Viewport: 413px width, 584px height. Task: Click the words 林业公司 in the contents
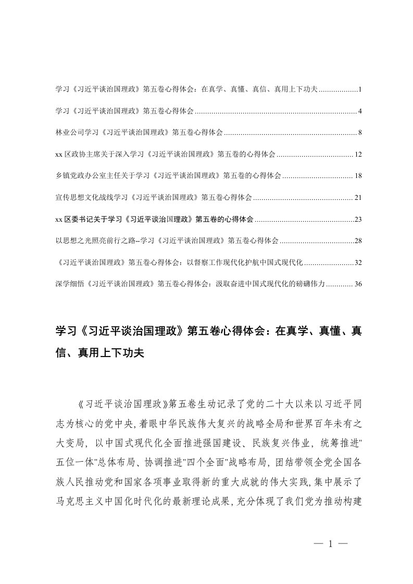pyautogui.click(x=66, y=133)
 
